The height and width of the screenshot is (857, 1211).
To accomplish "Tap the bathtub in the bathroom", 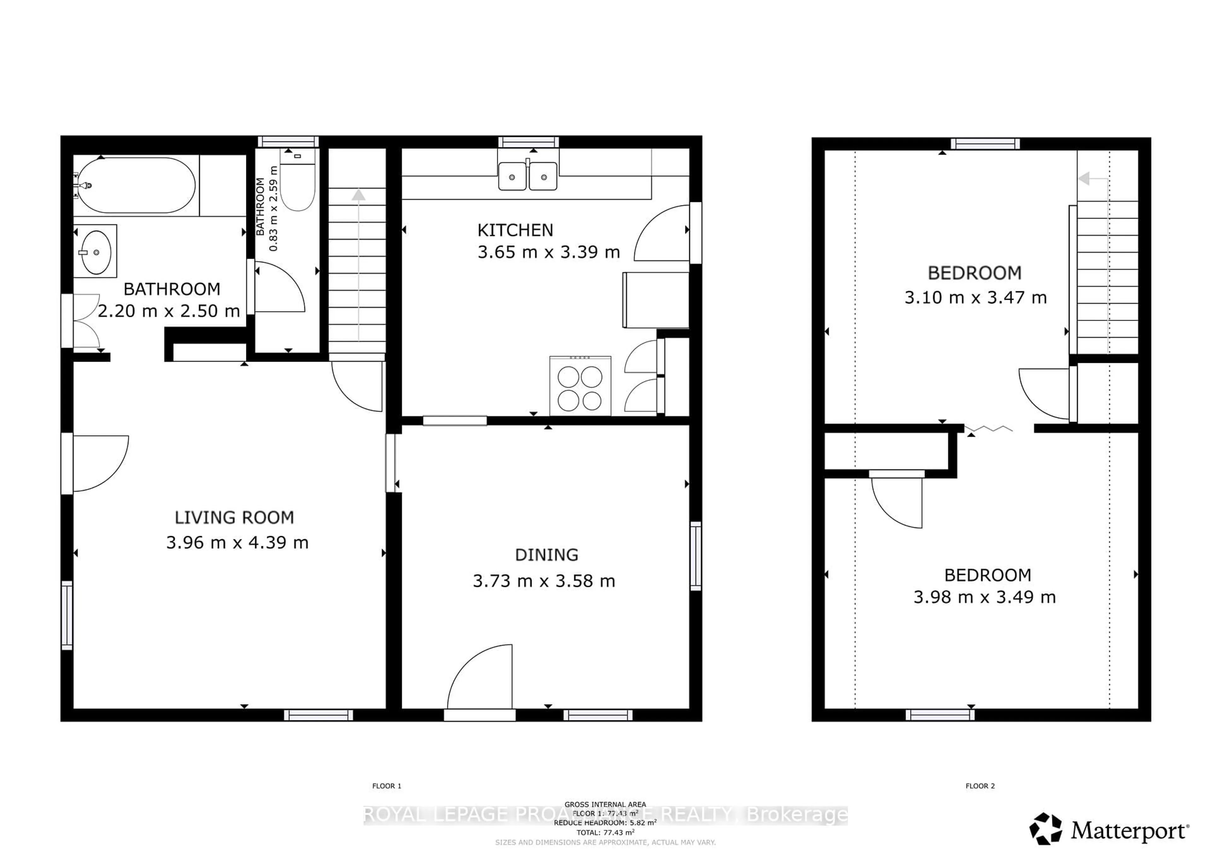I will pos(136,185).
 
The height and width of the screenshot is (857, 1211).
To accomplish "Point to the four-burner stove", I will pos(580,386).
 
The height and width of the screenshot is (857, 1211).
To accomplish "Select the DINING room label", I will pos(547,555).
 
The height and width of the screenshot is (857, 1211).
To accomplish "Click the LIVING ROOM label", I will pos(234,518).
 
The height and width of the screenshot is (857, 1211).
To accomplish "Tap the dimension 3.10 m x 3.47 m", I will pos(975,298).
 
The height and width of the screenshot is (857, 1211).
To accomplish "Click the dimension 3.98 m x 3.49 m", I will pos(984,597).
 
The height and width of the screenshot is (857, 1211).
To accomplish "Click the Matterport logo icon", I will pos(1045,829).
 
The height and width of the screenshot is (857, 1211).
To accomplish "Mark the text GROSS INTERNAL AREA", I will pos(605,804).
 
